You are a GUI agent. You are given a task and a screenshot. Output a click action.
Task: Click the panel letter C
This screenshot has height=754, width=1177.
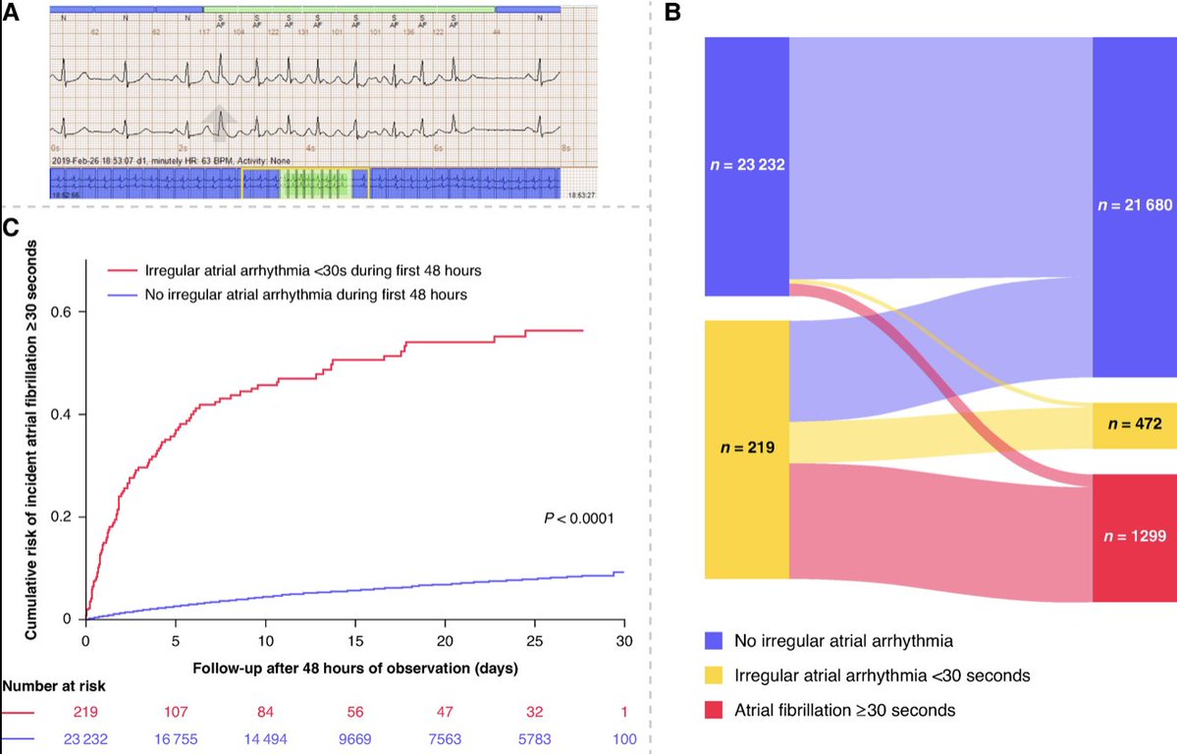(11, 229)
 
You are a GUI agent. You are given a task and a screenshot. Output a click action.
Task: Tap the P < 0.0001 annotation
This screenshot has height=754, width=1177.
(578, 517)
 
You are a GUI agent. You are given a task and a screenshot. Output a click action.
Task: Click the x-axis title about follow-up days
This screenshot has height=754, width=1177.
(354, 668)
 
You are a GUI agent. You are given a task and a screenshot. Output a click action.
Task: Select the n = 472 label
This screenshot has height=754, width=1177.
(1134, 425)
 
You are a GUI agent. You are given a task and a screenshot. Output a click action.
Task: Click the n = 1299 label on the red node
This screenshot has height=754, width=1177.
(1134, 536)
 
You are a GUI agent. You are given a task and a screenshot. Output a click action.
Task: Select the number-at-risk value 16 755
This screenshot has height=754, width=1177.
(175, 739)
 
